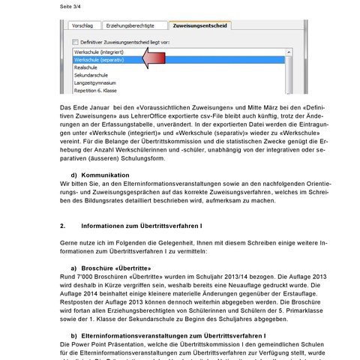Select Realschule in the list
click(x=86, y=67)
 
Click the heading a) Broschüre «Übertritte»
click(x=111, y=268)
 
